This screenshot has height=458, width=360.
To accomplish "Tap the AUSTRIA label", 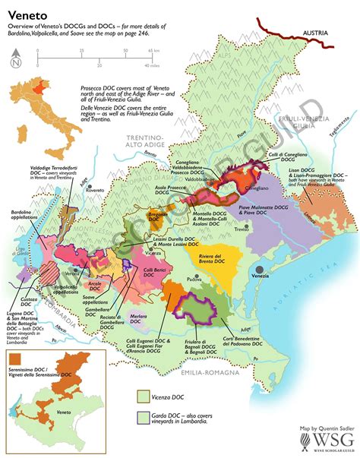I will pos(318,34).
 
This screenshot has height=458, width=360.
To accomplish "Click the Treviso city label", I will pos(242,230).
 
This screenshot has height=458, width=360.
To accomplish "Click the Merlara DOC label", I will pos(138,314).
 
